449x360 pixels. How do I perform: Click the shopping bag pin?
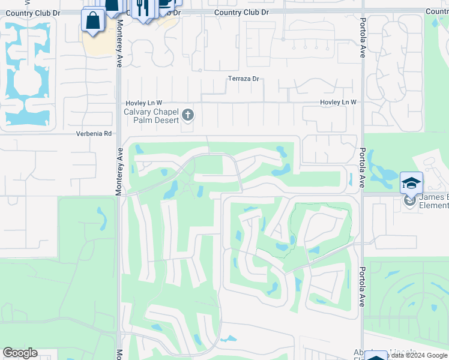click(x=93, y=20)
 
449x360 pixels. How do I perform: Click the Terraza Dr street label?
click(x=243, y=79)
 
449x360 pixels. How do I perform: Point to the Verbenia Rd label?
click(x=94, y=133)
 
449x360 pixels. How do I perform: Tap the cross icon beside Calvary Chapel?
click(x=188, y=114)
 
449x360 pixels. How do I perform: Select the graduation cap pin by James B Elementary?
click(x=411, y=182)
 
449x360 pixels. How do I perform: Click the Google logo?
click(x=20, y=353)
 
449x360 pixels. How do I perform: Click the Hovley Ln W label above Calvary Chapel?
click(x=144, y=103)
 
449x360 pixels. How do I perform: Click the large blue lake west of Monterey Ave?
click(x=27, y=72)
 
